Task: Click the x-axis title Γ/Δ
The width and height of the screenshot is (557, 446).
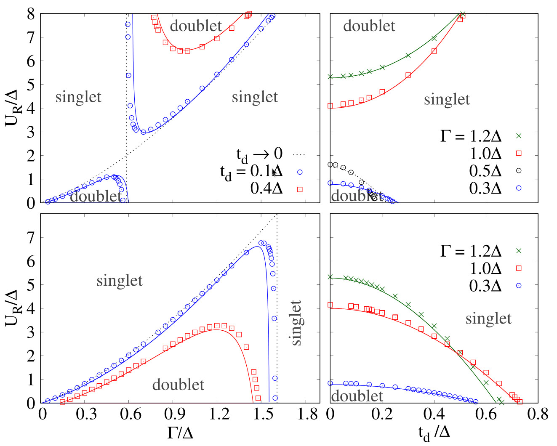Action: [x=180, y=432]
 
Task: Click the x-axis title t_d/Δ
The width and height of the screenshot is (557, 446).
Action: [x=434, y=433]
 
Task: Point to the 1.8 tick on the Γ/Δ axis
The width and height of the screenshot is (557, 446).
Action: [x=308, y=414]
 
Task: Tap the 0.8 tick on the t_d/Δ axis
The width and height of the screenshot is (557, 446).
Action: [x=538, y=414]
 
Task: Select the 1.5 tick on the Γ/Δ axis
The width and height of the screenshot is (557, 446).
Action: [x=264, y=414]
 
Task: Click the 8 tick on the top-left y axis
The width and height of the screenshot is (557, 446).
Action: [x=30, y=14]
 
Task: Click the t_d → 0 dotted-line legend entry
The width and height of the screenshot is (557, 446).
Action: [x=259, y=154]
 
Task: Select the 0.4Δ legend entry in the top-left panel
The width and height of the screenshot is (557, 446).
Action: [x=267, y=189]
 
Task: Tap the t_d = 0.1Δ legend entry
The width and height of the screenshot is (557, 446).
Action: [x=251, y=172]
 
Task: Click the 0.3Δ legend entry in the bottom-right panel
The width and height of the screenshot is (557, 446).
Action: [x=485, y=286]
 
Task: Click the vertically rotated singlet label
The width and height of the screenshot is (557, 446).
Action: [x=296, y=323]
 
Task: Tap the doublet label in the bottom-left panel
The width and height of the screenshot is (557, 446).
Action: [x=178, y=385]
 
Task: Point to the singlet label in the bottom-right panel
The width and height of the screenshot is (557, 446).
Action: [x=488, y=319]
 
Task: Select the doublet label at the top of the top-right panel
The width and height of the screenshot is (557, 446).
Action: [x=369, y=26]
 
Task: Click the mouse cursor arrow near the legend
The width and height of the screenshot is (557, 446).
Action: [x=274, y=173]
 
